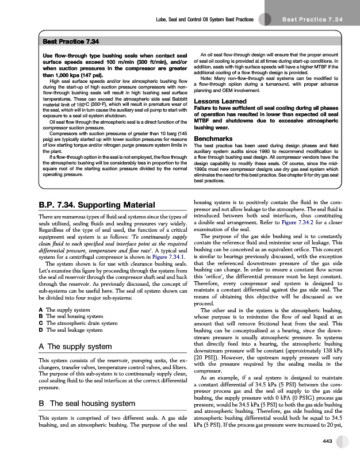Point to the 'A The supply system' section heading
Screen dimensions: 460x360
tap(75, 347)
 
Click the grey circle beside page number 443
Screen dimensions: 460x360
tap(343, 440)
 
